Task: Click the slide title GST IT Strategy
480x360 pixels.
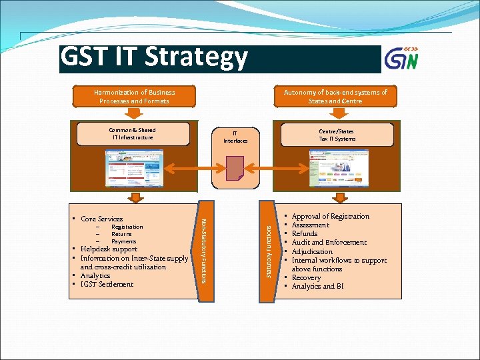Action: pyautogui.click(x=154, y=59)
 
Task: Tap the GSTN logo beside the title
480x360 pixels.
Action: pyautogui.click(x=402, y=59)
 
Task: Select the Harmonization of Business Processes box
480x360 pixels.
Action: pyautogui.click(x=134, y=97)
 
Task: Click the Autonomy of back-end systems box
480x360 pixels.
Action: pyautogui.click(x=335, y=97)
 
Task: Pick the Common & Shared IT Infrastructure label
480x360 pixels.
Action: pyautogui.click(x=132, y=134)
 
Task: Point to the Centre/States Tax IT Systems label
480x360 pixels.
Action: pyautogui.click(x=337, y=134)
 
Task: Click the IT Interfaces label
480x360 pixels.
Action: pyautogui.click(x=235, y=137)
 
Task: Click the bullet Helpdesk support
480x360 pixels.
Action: pyautogui.click(x=109, y=249)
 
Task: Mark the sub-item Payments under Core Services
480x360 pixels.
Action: pyautogui.click(x=124, y=241)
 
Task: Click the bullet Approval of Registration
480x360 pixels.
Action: pyautogui.click(x=330, y=217)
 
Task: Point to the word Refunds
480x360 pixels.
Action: pyautogui.click(x=305, y=234)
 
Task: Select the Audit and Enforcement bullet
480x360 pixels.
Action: pyautogui.click(x=329, y=243)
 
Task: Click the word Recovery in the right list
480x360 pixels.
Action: pyautogui.click(x=307, y=277)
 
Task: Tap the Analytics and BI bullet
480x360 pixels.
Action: pyautogui.click(x=318, y=287)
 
